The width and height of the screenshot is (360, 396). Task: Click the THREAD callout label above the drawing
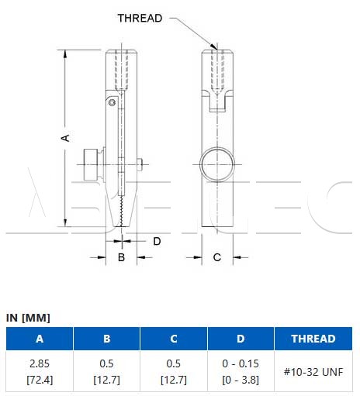point(140,18)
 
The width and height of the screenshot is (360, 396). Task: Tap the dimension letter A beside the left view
point(65,138)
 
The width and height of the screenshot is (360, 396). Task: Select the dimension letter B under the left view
point(121,257)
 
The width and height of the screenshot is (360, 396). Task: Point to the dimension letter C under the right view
point(217,257)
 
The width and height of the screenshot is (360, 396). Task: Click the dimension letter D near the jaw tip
point(157,241)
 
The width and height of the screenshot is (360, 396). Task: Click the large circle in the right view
point(217,164)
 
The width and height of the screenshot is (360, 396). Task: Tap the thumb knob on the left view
point(90,165)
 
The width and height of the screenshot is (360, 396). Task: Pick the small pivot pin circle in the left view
point(112,103)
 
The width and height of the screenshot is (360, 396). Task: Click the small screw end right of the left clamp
point(140,164)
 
